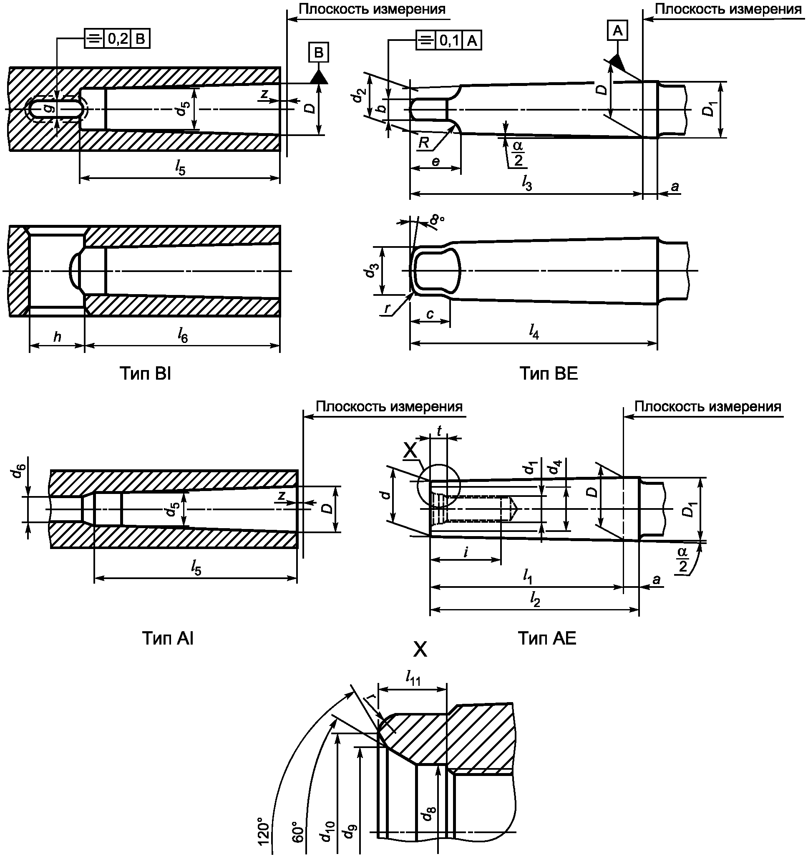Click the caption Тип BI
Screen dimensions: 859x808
coord(145,374)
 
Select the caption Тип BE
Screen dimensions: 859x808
coord(548,374)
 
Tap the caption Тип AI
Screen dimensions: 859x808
coord(168,638)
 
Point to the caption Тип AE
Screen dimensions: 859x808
coord(547,638)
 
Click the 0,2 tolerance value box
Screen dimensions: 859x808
coord(118,39)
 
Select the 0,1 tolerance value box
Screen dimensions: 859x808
coord(450,41)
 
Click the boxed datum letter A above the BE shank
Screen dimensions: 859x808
coord(618,31)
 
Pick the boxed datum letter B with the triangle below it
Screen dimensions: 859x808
coord(318,53)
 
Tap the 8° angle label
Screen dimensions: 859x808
coord(437,221)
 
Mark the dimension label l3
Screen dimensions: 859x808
coord(526,185)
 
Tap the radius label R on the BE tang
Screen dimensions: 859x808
coord(424,143)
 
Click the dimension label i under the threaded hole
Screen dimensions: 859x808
coord(466,552)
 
